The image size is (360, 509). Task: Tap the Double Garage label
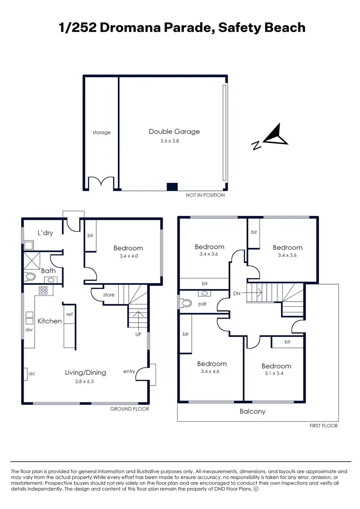click(174, 131)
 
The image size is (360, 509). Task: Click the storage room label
click(101, 132)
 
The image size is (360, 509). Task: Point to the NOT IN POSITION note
click(205, 195)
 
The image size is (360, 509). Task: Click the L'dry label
click(45, 233)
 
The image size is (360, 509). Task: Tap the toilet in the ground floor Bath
click(31, 277)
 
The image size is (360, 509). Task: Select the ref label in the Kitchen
click(69, 314)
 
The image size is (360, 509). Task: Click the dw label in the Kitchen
click(29, 330)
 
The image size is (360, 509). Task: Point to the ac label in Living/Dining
click(32, 373)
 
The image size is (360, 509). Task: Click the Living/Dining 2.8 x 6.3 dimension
click(85, 382)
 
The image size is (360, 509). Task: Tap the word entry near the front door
click(129, 371)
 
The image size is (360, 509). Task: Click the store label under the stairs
click(109, 295)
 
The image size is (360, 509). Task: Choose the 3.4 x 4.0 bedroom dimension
click(128, 256)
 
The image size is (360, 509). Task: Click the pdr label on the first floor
click(203, 304)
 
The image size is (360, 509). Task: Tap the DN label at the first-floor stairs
click(237, 293)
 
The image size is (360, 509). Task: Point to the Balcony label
click(253, 411)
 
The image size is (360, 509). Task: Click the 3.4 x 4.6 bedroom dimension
click(212, 372)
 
